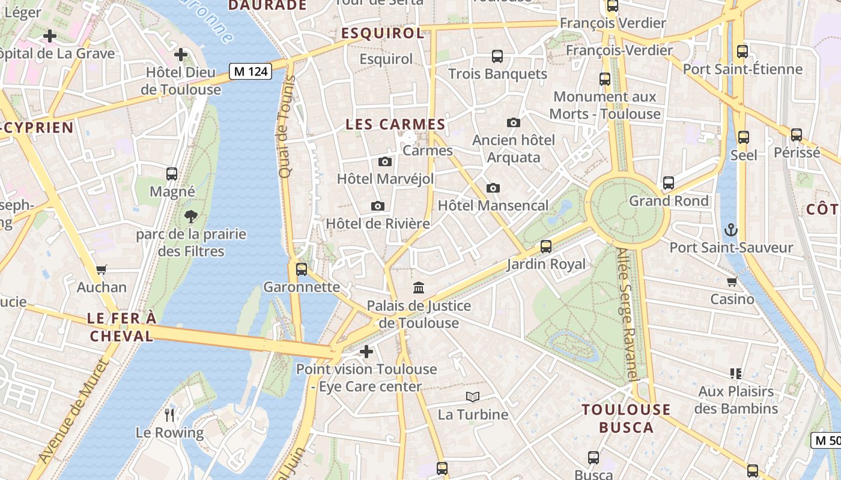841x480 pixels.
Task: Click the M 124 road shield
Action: click(x=251, y=71)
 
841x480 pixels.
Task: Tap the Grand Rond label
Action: click(x=669, y=201)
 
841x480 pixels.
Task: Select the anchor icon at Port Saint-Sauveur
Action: click(x=731, y=230)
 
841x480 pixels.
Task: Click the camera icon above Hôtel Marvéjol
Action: click(x=385, y=161)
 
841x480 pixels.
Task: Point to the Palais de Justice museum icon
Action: click(x=419, y=288)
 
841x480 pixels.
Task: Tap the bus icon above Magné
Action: click(x=172, y=174)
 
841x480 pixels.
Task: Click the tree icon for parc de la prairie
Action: click(x=191, y=216)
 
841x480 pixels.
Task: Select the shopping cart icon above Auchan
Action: click(x=102, y=270)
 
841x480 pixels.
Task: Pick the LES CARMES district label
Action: click(x=395, y=125)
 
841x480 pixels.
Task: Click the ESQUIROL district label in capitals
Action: click(x=383, y=34)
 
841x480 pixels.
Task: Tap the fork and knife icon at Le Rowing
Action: click(x=169, y=415)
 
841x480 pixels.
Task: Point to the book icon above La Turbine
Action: click(x=473, y=397)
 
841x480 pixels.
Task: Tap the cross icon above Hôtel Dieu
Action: click(x=181, y=55)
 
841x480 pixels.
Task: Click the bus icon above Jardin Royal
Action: click(x=546, y=246)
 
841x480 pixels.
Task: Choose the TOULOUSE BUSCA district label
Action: click(x=626, y=419)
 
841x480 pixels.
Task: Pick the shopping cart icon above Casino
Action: click(x=732, y=281)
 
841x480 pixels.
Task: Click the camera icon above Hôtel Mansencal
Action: click(x=493, y=188)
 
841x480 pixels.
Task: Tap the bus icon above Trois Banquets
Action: click(x=497, y=56)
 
